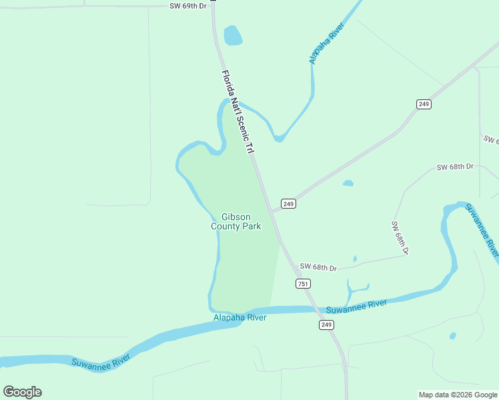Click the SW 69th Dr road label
point(189,6)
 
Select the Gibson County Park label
point(235,221)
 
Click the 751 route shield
point(303,284)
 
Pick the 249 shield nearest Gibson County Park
point(288,203)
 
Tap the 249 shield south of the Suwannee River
point(326,325)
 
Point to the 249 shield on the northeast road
point(424,104)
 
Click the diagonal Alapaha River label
point(326,44)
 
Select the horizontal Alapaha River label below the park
point(240,317)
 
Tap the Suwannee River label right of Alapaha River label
point(356,307)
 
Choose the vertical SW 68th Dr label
point(400,237)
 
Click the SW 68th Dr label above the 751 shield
point(318,267)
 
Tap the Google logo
point(22,392)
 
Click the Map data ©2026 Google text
point(458,395)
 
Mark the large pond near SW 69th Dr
point(233,35)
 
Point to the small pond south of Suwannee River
point(453,335)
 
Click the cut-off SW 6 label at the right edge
point(491,140)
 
